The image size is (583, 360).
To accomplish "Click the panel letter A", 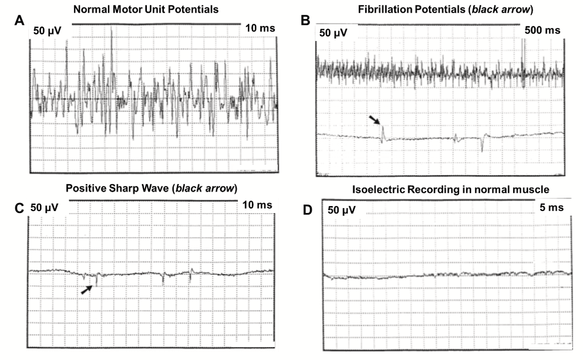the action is click(19, 20).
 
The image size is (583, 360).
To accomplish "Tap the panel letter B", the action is click(305, 20).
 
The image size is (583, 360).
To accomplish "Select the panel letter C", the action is click(19, 208).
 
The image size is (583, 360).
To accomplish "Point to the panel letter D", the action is click(308, 210).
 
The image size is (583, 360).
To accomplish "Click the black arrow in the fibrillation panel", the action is click(375, 120).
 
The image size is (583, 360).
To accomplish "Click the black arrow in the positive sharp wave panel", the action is click(87, 289).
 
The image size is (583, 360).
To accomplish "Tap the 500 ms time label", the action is click(542, 30).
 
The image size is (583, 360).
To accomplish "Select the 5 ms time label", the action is click(551, 207).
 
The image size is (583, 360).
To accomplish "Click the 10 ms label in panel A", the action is click(260, 28).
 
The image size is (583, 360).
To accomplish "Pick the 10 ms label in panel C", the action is click(257, 205).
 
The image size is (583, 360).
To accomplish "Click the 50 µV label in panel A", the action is click(48, 31).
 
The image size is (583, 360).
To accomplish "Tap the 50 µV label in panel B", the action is click(333, 33).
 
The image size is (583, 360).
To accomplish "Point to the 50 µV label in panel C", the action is click(44, 208).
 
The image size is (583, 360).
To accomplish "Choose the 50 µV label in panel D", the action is click(342, 210).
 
